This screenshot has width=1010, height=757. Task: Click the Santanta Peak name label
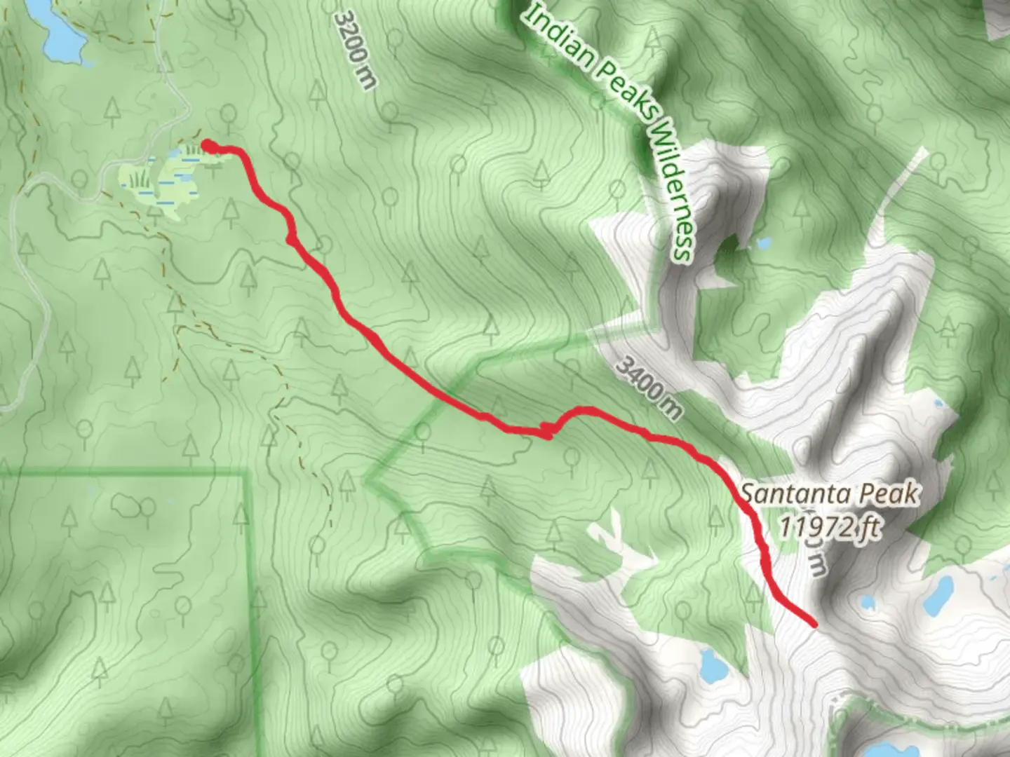829,494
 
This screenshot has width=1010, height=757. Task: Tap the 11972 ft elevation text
829,526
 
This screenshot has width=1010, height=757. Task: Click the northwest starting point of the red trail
208,145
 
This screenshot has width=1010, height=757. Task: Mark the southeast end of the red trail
814,623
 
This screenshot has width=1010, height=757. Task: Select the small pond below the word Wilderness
763,244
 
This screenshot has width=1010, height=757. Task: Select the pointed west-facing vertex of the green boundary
368,480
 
